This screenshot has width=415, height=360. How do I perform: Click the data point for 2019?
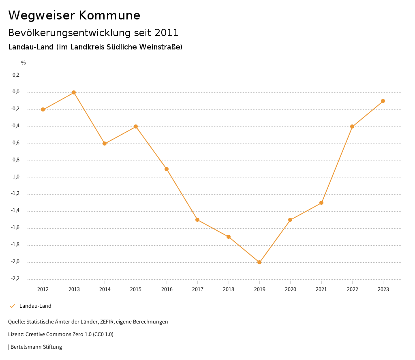pos(259,262)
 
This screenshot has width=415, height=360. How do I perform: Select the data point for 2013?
pos(74,92)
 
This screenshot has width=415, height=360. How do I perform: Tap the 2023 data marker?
pos(383,101)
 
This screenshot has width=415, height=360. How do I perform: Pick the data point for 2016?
pos(167,169)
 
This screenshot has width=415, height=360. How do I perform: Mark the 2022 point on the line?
pos(352,126)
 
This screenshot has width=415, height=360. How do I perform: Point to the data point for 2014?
pos(105,144)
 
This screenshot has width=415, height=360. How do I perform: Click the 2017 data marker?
pos(197,220)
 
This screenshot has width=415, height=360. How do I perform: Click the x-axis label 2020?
pos(291,289)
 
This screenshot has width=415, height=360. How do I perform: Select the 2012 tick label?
pos(43,289)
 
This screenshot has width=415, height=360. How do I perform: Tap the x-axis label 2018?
pos(229,289)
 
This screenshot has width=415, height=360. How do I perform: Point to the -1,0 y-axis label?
pos(15,177)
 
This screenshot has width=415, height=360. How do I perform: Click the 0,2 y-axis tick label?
pos(16,75)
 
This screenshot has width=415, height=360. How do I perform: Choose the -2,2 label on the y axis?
pos(15,279)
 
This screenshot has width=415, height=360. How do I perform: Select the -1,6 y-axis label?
pos(15,228)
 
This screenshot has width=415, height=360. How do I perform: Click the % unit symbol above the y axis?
pos(24,63)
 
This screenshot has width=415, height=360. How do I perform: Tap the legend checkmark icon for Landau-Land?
pos(12,306)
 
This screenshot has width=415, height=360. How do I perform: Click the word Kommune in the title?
pos(109,15)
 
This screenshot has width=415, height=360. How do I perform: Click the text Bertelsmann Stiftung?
pos(36,347)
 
